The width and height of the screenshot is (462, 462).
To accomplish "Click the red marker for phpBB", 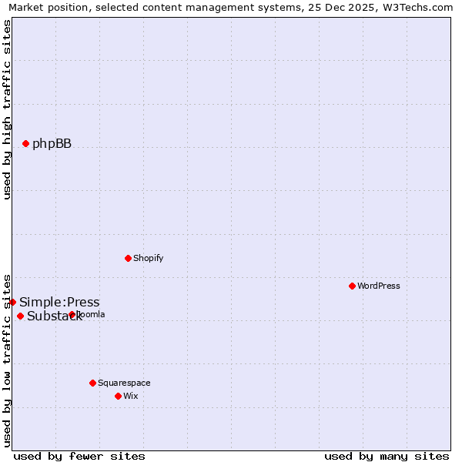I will pyautogui.click(x=25, y=143).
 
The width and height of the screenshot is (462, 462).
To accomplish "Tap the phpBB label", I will pyautogui.click(x=52, y=144).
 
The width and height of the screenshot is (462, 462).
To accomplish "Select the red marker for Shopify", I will pyautogui.click(x=129, y=258).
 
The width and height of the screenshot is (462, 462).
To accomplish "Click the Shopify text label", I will pyautogui.click(x=148, y=258).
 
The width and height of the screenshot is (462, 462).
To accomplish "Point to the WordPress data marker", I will pyautogui.click(x=352, y=286).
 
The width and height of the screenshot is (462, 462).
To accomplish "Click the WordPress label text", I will pyautogui.click(x=378, y=286).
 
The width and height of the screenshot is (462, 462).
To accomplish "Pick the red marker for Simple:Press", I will pyautogui.click(x=13, y=302).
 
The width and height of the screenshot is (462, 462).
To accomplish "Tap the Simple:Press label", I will pyautogui.click(x=59, y=303).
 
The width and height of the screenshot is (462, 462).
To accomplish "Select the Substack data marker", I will pyautogui.click(x=21, y=316).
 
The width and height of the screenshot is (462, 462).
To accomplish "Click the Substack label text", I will pyautogui.click(x=54, y=316).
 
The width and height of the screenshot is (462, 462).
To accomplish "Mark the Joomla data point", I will pyautogui.click(x=72, y=314).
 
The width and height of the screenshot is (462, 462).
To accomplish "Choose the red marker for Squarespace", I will pyautogui.click(x=92, y=383).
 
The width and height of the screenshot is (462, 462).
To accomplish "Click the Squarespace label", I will pyautogui.click(x=124, y=383).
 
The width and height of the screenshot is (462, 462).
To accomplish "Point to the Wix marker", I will pyautogui.click(x=118, y=396).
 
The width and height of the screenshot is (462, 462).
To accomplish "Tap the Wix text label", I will pyautogui.click(x=131, y=396).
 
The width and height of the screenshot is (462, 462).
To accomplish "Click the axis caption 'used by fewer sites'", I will pyautogui.click(x=79, y=456).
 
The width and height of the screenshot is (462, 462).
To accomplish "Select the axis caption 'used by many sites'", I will pyautogui.click(x=387, y=456).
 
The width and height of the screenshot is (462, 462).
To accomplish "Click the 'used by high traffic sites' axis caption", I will pyautogui.click(x=8, y=110).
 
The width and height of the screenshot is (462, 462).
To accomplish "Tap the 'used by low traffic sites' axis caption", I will pyautogui.click(x=8, y=359).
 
